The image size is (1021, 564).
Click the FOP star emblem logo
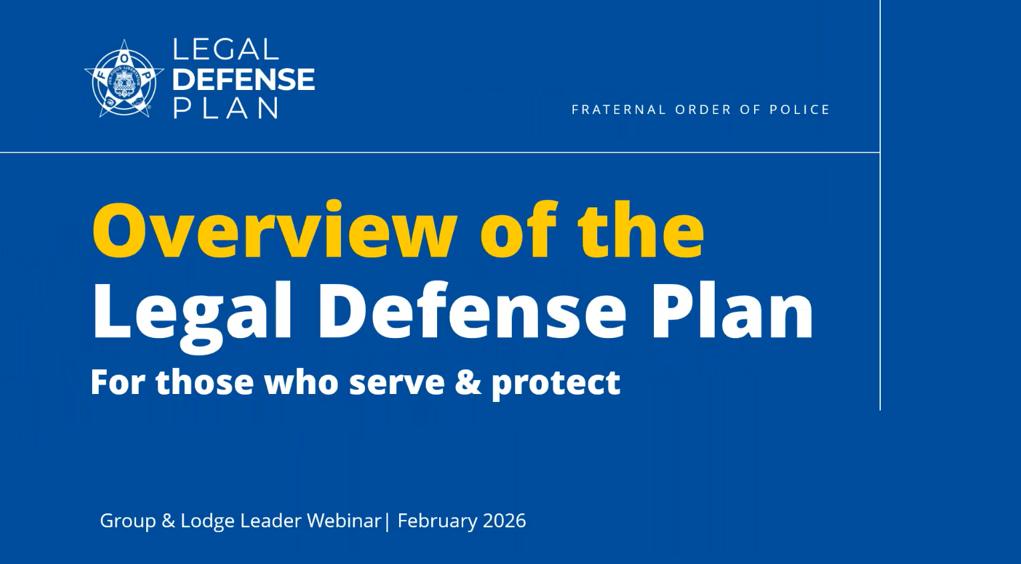pyautogui.click(x=124, y=79)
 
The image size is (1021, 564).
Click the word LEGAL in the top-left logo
pyautogui.click(x=225, y=50)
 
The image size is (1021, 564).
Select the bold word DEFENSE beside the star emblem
pyautogui.click(x=243, y=80)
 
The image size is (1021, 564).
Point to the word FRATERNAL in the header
pyautogui.click(x=619, y=110)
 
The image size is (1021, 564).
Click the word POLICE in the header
pyautogui.click(x=799, y=110)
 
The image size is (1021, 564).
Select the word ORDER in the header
pyautogui.click(x=703, y=110)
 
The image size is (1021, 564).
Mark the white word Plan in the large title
pyautogui.click(x=732, y=311)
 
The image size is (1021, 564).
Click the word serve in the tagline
pyautogui.click(x=396, y=382)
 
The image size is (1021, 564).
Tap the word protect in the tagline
pyautogui.click(x=556, y=383)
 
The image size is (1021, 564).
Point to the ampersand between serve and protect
pyautogui.click(x=468, y=382)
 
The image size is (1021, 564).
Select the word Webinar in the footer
pyautogui.click(x=343, y=521)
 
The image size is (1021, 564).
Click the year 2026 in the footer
pyautogui.click(x=504, y=521)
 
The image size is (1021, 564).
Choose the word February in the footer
pyautogui.click(x=437, y=521)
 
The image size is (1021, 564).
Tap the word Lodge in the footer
pyautogui.click(x=207, y=521)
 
